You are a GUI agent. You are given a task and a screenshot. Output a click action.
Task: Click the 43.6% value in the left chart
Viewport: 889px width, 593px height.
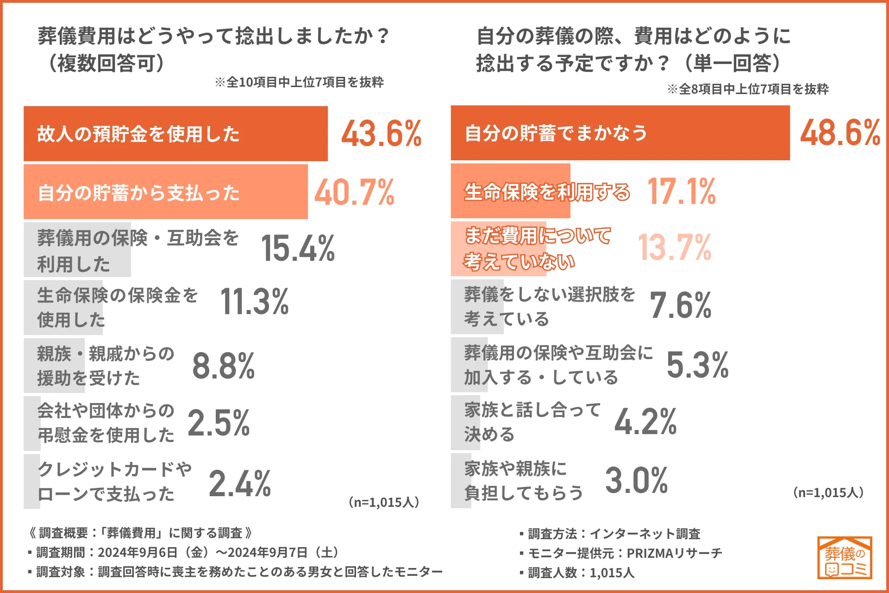pyautogui.click(x=381, y=133)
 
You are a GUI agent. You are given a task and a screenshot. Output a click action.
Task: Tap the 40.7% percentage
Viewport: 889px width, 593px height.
pyautogui.click(x=354, y=192)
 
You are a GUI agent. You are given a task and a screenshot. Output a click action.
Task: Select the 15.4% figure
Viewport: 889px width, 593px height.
pyautogui.click(x=298, y=248)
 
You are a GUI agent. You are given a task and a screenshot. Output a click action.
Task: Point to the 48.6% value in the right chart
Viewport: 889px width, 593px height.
pyautogui.click(x=840, y=133)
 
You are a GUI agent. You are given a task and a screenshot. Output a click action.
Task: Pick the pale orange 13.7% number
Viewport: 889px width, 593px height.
pyautogui.click(x=675, y=247)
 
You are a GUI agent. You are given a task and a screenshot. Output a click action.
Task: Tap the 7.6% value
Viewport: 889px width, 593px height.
pyautogui.click(x=680, y=305)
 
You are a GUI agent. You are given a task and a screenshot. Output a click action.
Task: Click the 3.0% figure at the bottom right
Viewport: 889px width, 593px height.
pyautogui.click(x=636, y=480)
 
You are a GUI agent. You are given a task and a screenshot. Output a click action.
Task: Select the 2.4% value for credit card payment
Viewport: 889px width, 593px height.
pyautogui.click(x=239, y=484)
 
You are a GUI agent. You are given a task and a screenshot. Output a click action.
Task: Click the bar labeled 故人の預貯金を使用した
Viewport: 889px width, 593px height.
pyautogui.click(x=175, y=134)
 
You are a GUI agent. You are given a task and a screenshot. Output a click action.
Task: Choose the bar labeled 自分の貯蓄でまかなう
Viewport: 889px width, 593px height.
pyautogui.click(x=620, y=133)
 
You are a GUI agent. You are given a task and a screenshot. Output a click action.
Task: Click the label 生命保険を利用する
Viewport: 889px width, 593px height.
pyautogui.click(x=547, y=192)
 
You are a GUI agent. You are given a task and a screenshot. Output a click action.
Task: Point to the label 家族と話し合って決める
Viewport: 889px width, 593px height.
pyautogui.click(x=532, y=422)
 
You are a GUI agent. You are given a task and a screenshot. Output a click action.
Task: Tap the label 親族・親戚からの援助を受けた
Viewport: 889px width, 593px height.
pyautogui.click(x=106, y=366)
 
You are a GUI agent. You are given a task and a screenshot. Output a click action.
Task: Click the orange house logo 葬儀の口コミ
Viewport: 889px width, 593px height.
pyautogui.click(x=845, y=558)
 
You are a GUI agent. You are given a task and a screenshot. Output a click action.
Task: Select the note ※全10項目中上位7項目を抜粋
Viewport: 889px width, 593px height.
pyautogui.click(x=299, y=82)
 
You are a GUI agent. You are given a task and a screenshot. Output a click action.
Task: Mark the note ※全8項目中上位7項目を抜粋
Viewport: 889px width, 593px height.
pyautogui.click(x=747, y=89)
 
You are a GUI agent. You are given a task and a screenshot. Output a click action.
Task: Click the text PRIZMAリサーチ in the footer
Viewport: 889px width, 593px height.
pyautogui.click(x=674, y=553)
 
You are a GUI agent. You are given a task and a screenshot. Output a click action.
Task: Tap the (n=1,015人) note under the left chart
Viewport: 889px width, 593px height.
pyautogui.click(x=384, y=502)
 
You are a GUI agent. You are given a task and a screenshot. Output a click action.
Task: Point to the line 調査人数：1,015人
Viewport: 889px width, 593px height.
pyautogui.click(x=581, y=573)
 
